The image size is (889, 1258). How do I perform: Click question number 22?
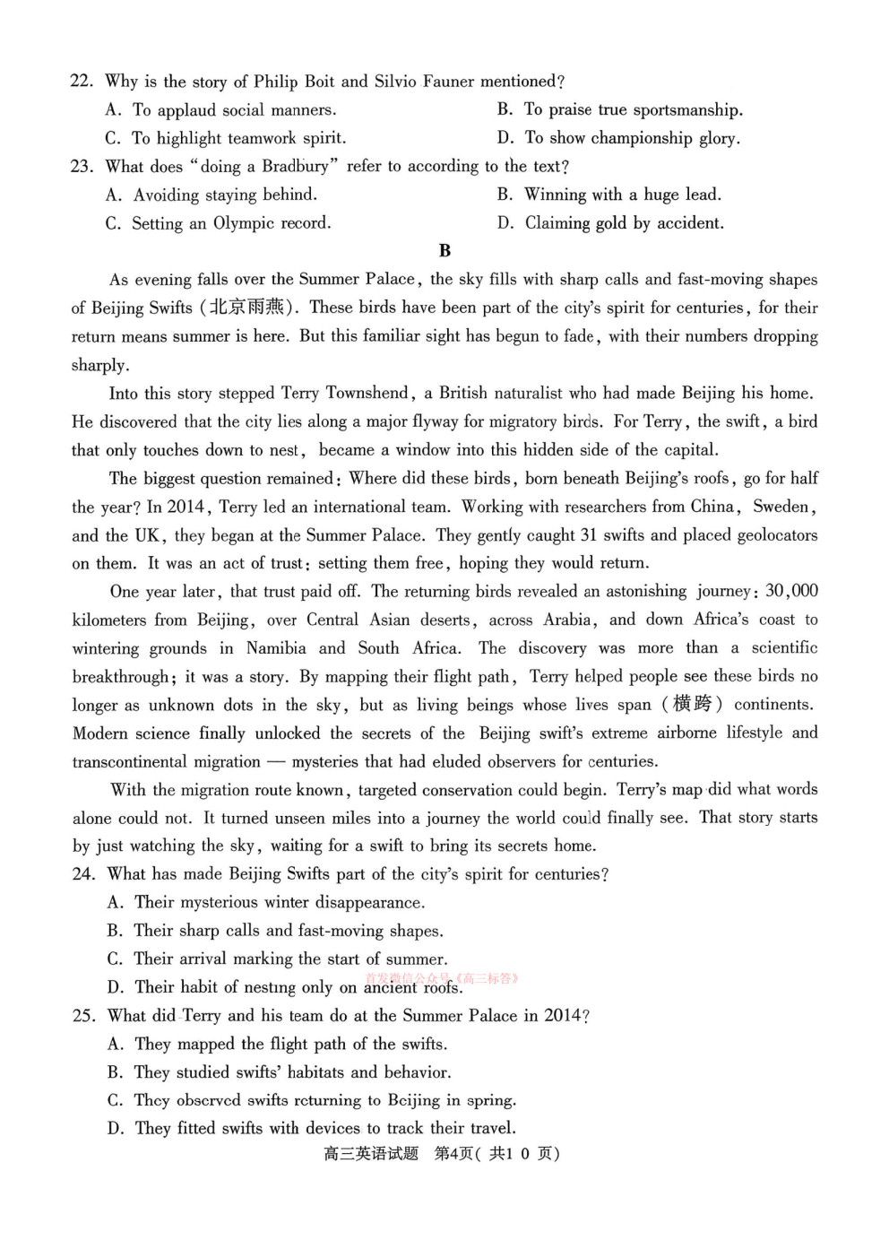point(82,82)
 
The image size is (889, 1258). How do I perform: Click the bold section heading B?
point(444,251)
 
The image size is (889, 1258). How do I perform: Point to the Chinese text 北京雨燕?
point(247,308)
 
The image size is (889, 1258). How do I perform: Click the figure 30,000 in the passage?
point(791,591)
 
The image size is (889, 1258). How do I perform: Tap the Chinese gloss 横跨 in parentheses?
point(692,704)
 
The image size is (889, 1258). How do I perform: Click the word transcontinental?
point(167,761)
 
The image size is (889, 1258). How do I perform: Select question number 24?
point(83,874)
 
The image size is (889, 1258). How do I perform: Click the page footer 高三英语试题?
point(370,1154)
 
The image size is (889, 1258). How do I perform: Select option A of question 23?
point(211,195)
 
